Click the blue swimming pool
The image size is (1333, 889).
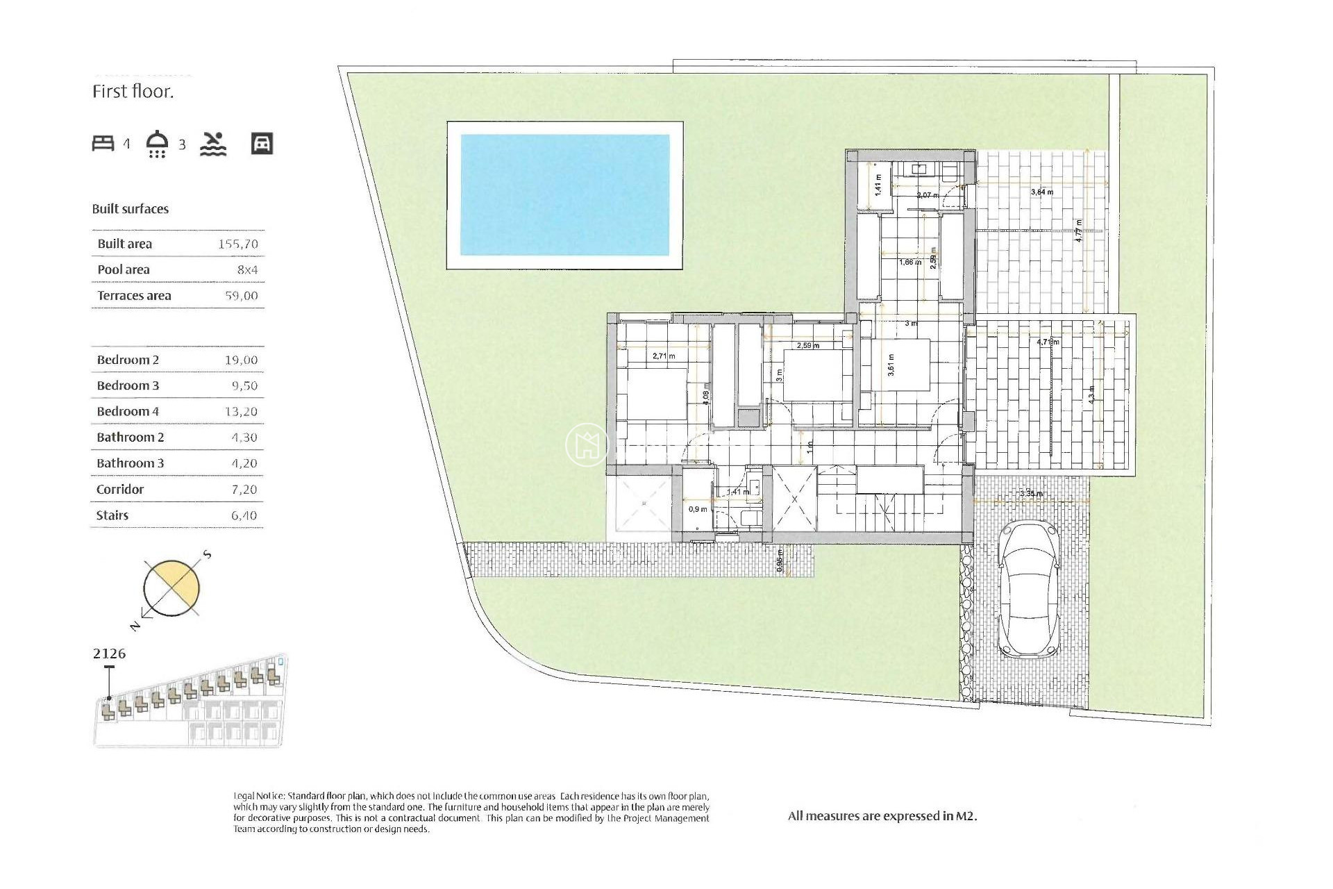564,194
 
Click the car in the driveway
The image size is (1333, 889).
1029,590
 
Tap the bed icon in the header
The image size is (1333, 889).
103,143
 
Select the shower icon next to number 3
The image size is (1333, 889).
158,143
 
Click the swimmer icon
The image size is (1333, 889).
213,143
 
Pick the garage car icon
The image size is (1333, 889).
262,143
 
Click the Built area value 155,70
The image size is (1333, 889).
237,244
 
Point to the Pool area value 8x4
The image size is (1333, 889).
247,269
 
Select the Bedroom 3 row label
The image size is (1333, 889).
128,385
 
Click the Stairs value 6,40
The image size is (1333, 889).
244,515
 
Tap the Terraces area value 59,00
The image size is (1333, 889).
241,295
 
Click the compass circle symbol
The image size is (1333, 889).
171,588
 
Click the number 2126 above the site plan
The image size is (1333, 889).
109,653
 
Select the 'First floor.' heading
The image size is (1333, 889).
133,92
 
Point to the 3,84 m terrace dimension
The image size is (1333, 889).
1041,192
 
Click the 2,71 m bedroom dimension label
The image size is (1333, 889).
664,356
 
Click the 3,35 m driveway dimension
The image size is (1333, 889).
1031,494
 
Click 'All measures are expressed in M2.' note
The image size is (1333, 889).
882,816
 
